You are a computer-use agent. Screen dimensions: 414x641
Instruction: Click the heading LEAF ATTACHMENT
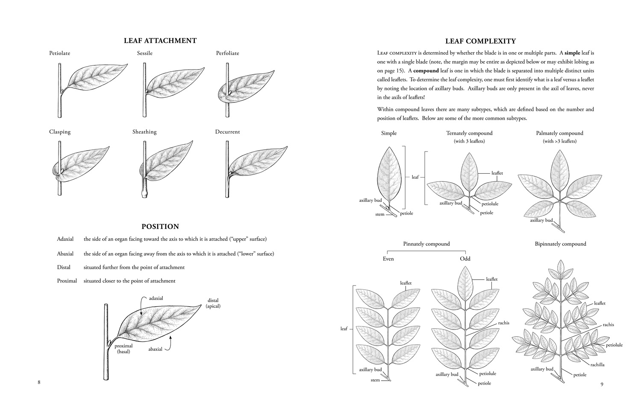point(160,41)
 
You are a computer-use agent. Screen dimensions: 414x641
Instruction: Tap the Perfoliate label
point(227,53)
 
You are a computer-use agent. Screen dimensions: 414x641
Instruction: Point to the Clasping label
point(60,132)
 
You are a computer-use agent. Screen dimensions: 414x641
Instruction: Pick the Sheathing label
point(144,132)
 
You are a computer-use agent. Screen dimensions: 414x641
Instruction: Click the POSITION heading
point(160,227)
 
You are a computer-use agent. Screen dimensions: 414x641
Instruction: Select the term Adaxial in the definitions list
point(65,239)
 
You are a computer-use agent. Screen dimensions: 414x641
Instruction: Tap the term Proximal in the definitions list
point(67,281)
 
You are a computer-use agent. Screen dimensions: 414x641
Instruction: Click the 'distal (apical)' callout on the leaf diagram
point(213,303)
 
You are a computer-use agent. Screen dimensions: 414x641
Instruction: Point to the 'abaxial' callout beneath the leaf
point(155,349)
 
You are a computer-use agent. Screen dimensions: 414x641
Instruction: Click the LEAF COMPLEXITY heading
point(480,41)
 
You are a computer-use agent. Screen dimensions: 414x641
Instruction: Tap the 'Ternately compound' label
point(469,133)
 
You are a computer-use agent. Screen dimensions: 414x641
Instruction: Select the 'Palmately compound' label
point(559,133)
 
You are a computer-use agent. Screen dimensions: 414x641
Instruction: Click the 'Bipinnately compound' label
point(560,244)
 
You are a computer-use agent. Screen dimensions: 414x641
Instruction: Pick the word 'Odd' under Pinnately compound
point(465,259)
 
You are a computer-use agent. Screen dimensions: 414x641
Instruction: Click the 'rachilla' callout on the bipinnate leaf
point(597,365)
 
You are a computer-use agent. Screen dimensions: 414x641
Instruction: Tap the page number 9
point(602,384)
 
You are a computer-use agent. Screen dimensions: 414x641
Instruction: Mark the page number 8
point(39,382)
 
